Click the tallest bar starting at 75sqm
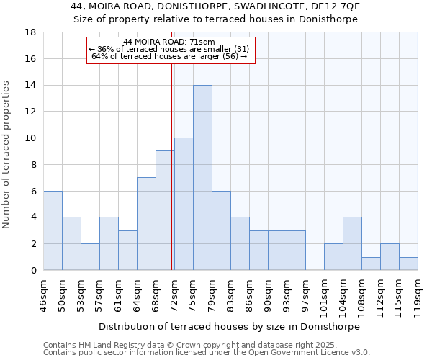click(202, 178)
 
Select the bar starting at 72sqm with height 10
click(184, 204)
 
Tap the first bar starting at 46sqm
click(53, 230)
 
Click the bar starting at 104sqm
click(352, 243)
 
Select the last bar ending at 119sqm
click(408, 264)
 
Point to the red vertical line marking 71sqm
click(172, 166)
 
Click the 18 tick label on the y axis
click(30, 32)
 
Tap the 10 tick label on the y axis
click(30, 138)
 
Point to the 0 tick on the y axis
click(33, 270)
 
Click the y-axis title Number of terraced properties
click(6, 155)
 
